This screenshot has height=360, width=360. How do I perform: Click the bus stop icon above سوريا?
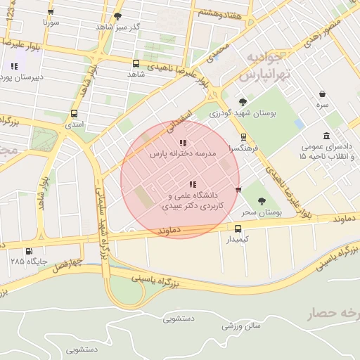tap(51, 12)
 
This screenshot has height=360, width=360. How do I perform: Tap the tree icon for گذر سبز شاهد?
tap(117, 16)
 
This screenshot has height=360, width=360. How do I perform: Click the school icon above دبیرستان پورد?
tap(14, 66)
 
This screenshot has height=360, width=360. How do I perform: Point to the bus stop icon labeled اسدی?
tap(74, 114)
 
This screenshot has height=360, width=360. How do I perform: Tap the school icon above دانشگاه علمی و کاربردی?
tap(193, 184)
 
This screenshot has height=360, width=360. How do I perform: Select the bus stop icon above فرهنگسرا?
tap(243, 137)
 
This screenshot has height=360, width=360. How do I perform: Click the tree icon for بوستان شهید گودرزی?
tap(243, 102)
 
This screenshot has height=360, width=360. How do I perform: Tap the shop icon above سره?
tap(322, 94)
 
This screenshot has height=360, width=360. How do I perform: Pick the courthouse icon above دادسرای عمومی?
tap(326, 136)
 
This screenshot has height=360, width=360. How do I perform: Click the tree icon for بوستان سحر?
tap(262, 201)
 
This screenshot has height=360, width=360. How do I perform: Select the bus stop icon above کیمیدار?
tap(238, 229)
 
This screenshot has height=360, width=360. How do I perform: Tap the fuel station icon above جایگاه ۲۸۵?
tap(29, 251)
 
